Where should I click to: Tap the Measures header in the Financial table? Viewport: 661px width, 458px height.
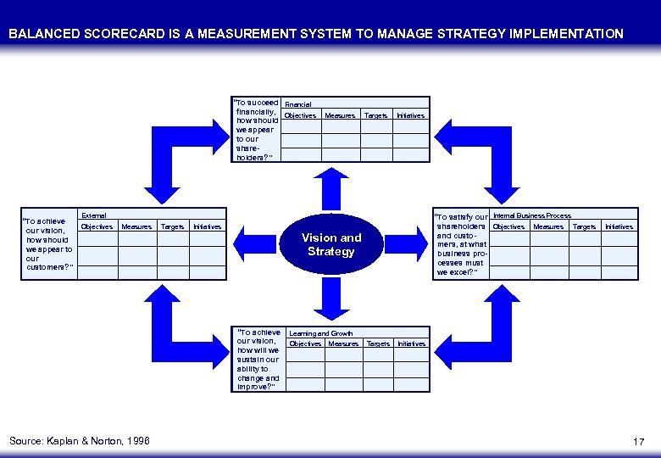(340, 115)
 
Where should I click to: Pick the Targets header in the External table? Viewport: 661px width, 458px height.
(172, 226)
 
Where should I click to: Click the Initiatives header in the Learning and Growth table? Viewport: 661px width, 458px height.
(411, 343)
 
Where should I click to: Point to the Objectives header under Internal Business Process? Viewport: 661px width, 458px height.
(508, 226)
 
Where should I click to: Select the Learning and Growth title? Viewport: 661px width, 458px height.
(321, 333)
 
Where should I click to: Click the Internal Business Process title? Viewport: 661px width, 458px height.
(531, 215)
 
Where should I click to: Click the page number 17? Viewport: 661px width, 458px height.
(638, 441)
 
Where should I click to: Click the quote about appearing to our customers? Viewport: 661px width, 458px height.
(49, 245)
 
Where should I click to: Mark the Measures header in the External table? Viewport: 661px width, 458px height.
(136, 226)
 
